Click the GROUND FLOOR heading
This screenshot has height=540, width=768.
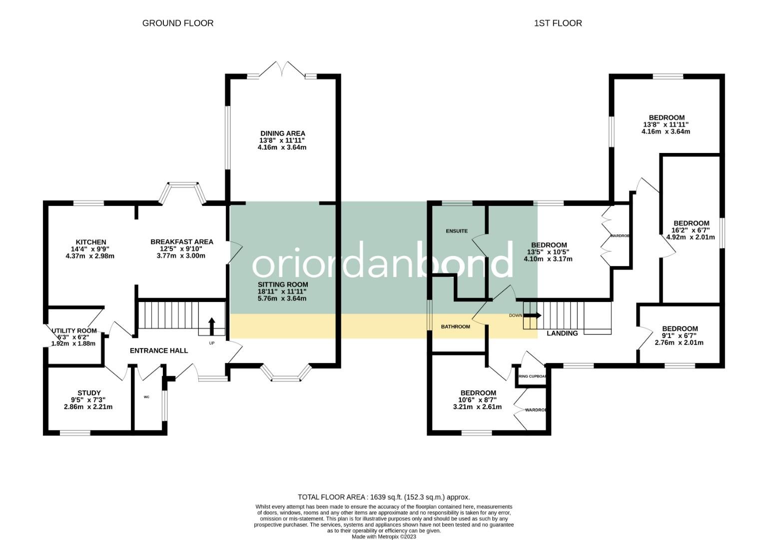(x=177, y=23)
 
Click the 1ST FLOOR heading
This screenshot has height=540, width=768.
(x=558, y=23)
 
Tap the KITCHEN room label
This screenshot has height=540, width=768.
(x=90, y=242)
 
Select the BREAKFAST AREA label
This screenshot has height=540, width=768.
(x=182, y=241)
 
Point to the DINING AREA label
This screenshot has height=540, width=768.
(x=282, y=133)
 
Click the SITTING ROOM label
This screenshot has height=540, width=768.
(x=282, y=284)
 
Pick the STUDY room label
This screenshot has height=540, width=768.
(x=89, y=392)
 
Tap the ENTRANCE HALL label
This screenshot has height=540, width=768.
(x=159, y=350)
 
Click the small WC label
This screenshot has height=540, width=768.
(x=146, y=397)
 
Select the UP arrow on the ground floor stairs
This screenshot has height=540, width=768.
(x=211, y=326)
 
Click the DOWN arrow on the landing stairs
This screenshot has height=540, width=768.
(x=532, y=315)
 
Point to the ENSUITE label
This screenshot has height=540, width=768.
(x=457, y=231)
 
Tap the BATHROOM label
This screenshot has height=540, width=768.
(x=455, y=326)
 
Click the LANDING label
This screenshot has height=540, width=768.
(x=562, y=333)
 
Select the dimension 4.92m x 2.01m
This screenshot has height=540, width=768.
(x=691, y=237)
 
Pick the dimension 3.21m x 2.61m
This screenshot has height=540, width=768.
(x=477, y=407)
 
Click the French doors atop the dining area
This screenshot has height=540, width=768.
(x=283, y=70)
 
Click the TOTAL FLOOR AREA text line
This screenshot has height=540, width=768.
(x=384, y=497)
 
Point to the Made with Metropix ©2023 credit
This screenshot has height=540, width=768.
(x=384, y=536)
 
